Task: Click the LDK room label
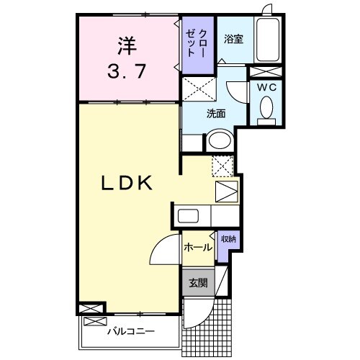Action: [x=125, y=183]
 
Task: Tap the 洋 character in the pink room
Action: [x=127, y=45]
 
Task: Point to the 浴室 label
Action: [x=233, y=40]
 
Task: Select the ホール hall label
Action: [x=197, y=247]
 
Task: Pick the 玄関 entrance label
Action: [x=197, y=282]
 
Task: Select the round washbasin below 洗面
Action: [x=219, y=141]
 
